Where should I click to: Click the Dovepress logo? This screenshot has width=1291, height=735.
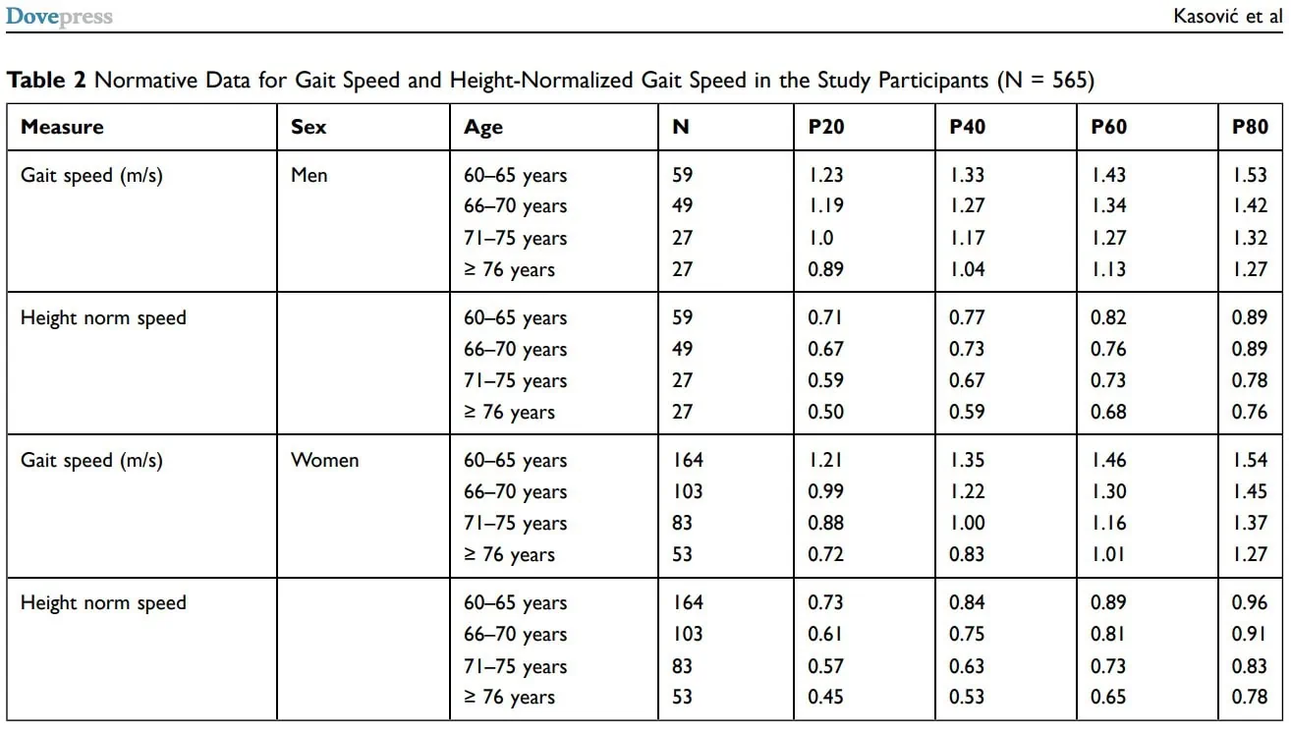(59, 16)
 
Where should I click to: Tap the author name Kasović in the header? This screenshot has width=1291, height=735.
(1206, 16)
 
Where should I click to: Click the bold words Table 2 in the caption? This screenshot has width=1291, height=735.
(46, 80)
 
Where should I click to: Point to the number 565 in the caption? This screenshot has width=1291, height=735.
(1069, 80)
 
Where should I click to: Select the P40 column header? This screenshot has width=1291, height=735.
(967, 127)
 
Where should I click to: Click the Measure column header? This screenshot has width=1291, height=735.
(62, 127)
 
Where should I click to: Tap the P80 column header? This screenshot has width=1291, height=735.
(1250, 127)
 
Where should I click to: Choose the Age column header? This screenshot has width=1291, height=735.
(483, 128)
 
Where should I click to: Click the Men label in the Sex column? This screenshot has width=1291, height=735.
(309, 175)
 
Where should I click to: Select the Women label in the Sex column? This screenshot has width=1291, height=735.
(324, 460)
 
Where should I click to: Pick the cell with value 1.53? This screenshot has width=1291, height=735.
(1250, 175)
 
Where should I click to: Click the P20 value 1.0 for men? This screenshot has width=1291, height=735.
(820, 238)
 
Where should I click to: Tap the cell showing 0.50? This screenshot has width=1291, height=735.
(825, 412)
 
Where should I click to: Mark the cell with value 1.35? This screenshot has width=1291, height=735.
(967, 460)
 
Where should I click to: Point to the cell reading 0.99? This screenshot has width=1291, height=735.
(825, 491)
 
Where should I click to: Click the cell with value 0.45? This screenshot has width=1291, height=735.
(825, 697)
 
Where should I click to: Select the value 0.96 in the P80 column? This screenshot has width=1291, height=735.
(1250, 602)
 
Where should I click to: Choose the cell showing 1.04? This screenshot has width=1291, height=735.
(967, 269)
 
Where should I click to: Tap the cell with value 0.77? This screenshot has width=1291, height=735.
(967, 317)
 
